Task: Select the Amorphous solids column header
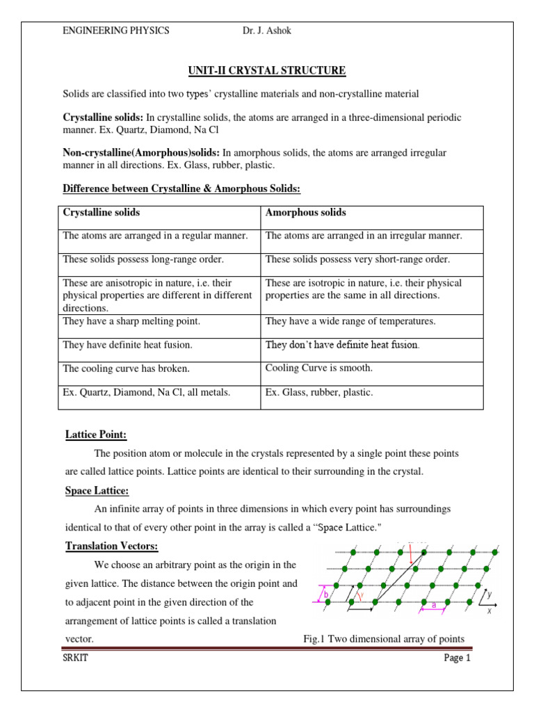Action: [306, 213]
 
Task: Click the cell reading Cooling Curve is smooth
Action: [319, 368]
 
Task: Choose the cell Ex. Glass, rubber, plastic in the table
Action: [319, 393]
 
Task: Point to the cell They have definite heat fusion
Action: [128, 345]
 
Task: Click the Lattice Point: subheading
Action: [96, 435]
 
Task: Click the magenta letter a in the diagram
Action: [434, 605]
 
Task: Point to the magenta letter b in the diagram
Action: [326, 594]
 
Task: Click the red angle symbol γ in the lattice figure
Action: [360, 596]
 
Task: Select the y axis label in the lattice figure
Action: [489, 594]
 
